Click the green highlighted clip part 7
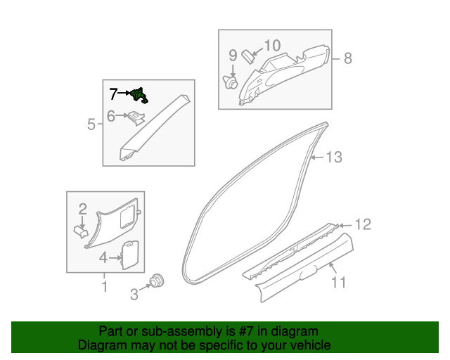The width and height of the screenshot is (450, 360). point(139,96)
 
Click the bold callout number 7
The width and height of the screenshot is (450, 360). point(113,94)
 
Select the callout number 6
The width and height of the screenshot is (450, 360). point(111,116)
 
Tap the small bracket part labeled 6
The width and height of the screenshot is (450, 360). point(136,117)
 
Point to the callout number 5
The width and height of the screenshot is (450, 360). point(91,124)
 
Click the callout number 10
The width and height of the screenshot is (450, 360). point(272,46)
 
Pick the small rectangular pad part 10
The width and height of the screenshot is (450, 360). point(249,56)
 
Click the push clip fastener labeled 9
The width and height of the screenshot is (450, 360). point(231,82)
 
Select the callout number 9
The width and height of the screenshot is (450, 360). point(233,55)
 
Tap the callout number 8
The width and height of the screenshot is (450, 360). point(348,58)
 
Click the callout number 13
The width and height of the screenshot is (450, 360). point(335,157)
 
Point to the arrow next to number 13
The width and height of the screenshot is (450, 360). point(318,157)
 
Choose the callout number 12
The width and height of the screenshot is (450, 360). point(363,224)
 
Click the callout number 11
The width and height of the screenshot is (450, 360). point(339,282)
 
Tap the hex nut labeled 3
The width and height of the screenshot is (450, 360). point(157,281)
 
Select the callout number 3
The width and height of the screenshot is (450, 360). point(134,295)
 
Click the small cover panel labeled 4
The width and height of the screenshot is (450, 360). point(131,255)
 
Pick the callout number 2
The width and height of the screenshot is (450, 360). point(83,209)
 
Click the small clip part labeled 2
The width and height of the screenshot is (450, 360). point(81,231)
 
